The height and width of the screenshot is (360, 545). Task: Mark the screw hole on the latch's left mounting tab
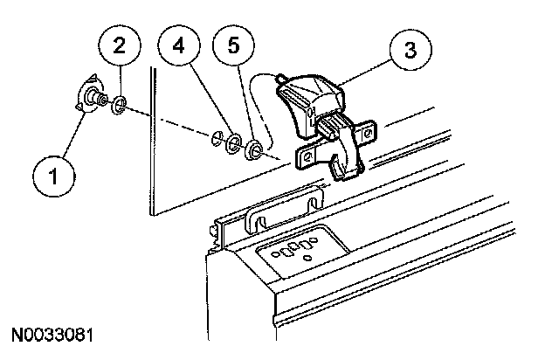point(307,156)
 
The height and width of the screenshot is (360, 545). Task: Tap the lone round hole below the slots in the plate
point(307,260)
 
